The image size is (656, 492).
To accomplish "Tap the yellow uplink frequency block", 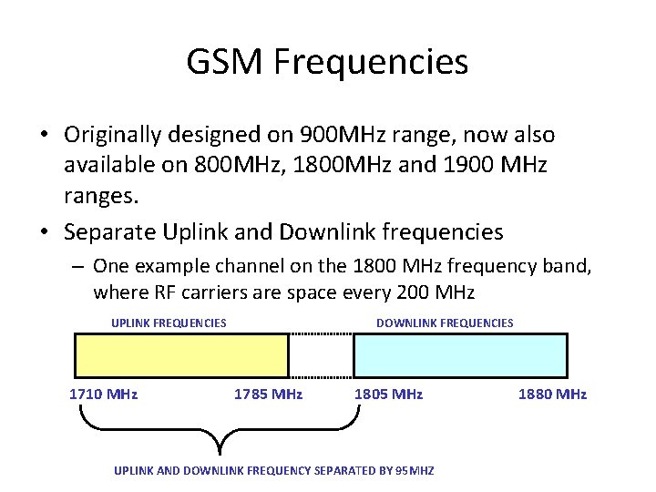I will click(x=180, y=355).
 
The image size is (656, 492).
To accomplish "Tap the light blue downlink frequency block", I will click(x=460, y=355).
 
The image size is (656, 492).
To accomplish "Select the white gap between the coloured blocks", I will click(x=321, y=355).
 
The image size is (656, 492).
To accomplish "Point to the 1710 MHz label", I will click(x=104, y=395).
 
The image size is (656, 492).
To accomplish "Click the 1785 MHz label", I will click(x=268, y=395).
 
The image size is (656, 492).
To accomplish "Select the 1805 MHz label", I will click(x=388, y=395).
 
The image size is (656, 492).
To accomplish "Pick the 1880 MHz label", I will click(x=552, y=395).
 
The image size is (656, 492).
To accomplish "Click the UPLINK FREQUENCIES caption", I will click(x=169, y=323).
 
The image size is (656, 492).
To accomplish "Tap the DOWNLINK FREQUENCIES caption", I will click(x=445, y=323).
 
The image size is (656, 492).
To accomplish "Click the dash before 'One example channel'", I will click(x=79, y=266).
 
